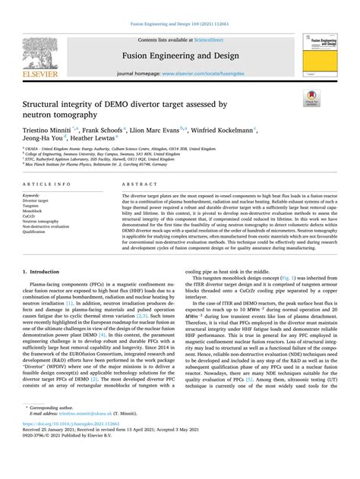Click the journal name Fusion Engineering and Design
(179, 55)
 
